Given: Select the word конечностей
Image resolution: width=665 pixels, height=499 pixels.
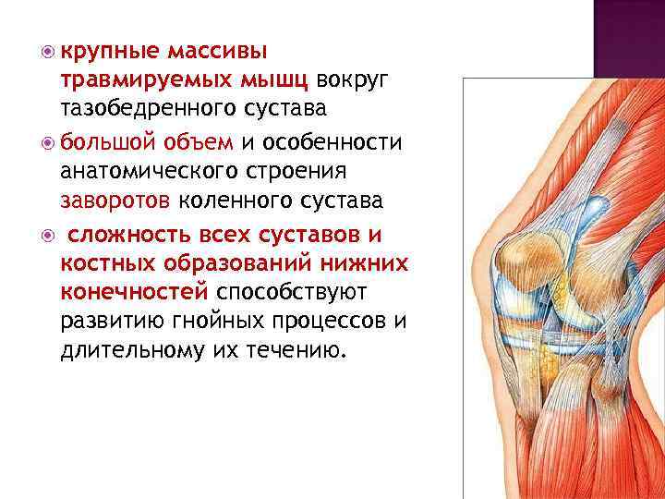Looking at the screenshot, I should (x=134, y=293).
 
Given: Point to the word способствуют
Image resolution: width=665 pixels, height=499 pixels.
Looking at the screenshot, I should (x=292, y=293).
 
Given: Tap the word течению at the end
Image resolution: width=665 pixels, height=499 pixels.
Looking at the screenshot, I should (x=299, y=352).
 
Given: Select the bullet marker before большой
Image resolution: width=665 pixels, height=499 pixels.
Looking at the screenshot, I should (x=47, y=141).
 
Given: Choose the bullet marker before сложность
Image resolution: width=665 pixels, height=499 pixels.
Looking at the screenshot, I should (x=47, y=234).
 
